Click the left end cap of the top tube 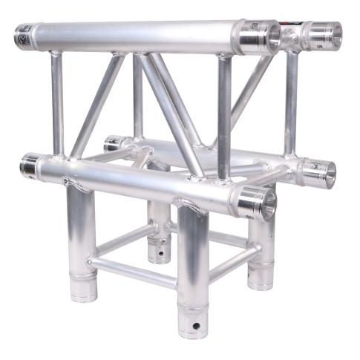coord(22,35)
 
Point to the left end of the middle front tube coord(29,165)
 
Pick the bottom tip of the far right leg coord(261,283)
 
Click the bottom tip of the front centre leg coord(192,331)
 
